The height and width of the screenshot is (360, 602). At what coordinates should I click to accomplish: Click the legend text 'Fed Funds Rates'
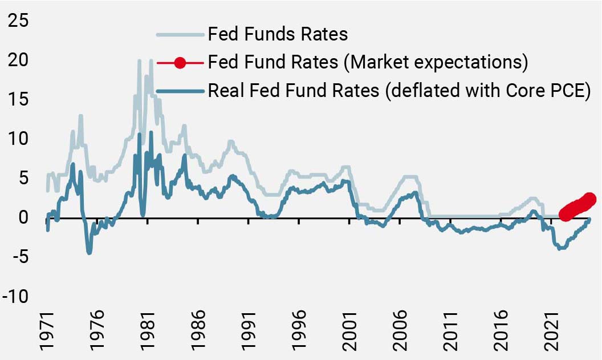pos(278,34)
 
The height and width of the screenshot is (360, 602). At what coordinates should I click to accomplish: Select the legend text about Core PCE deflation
pos(398,91)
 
